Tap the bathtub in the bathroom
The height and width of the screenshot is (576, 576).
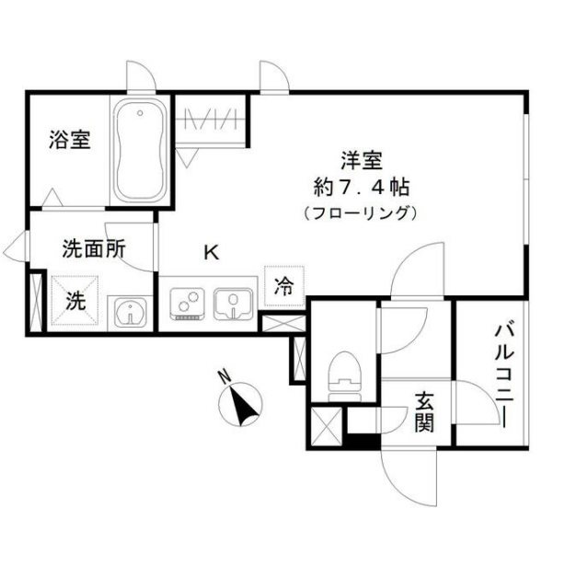coord(139,152)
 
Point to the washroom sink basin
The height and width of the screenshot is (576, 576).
coord(132,313)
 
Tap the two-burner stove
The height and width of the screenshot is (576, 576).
coord(190,303)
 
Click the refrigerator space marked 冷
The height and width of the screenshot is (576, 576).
coord(284,287)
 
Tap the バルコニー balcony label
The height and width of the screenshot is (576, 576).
coord(503,374)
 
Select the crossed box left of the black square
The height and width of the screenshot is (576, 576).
coord(326,425)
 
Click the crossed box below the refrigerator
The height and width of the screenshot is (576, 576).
coord(284,324)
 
